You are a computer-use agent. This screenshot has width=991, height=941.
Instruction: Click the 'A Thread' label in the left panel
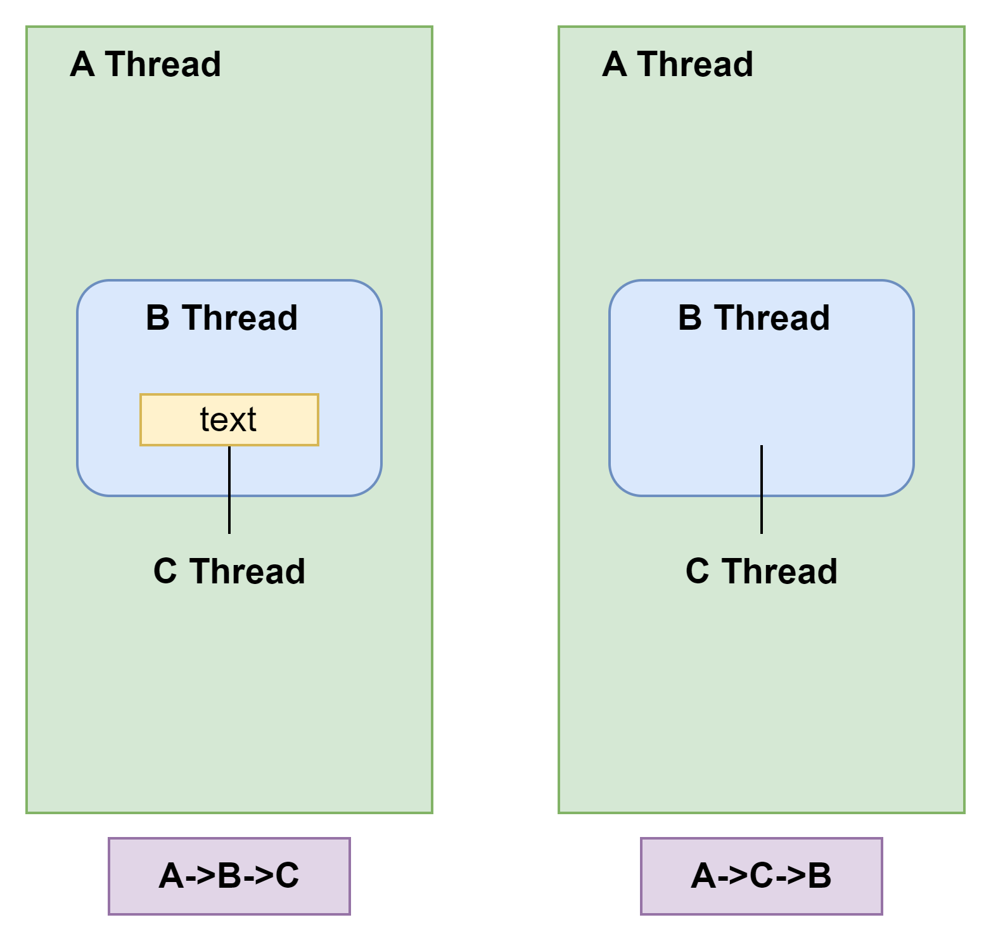point(145,65)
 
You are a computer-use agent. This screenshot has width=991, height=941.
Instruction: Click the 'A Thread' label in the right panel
point(677,65)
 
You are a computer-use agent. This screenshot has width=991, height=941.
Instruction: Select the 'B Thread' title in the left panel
point(222,318)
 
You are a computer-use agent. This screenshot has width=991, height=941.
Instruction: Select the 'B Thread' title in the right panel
point(754,318)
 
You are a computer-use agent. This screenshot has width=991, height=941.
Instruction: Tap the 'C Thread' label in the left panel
point(229,571)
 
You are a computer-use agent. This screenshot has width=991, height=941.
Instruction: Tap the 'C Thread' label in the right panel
point(762,571)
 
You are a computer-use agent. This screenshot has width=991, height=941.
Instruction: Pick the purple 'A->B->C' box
point(229,876)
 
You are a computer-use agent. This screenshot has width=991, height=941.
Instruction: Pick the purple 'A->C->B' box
point(761,876)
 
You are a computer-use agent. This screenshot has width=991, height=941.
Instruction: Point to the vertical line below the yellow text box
point(229,490)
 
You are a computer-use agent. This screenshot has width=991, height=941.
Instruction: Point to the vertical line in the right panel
point(762,490)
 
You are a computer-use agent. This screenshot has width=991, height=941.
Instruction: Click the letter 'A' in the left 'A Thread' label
point(82,65)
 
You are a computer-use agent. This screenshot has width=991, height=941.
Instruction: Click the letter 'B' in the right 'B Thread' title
point(690,318)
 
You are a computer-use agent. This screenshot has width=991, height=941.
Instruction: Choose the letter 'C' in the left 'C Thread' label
point(165,571)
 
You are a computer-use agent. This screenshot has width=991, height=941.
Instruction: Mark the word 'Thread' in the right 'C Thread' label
point(780,571)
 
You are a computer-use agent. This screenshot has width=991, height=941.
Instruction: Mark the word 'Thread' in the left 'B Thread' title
point(240,318)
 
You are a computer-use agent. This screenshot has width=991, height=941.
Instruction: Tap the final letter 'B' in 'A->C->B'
point(819,876)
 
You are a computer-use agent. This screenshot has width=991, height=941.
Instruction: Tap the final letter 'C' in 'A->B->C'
point(287,876)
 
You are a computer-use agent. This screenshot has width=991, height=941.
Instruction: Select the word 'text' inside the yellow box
point(228,420)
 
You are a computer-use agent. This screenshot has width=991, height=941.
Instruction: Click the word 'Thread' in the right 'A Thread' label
point(696,65)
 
